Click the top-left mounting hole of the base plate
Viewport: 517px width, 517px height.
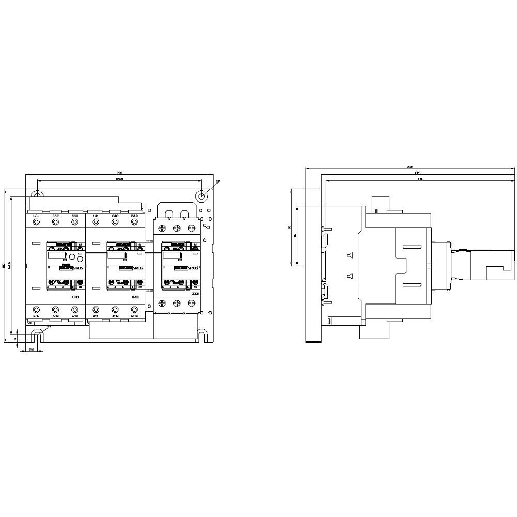tap(36, 195)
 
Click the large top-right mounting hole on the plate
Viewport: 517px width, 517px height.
tap(202, 196)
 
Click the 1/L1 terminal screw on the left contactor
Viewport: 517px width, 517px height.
tap(36, 222)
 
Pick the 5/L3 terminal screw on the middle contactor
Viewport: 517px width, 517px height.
tap(134, 222)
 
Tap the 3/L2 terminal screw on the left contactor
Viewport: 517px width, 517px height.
tap(55, 222)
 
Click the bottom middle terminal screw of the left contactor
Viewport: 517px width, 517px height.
tap(55, 310)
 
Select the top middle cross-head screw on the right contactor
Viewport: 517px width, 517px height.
tap(177, 227)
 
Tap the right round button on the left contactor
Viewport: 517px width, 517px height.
tap(80, 256)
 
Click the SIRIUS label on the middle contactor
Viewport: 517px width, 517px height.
tap(138, 268)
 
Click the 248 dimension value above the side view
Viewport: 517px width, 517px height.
tap(410, 166)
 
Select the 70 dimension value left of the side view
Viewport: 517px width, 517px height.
tap(295, 235)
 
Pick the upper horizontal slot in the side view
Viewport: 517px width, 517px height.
tap(412, 246)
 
